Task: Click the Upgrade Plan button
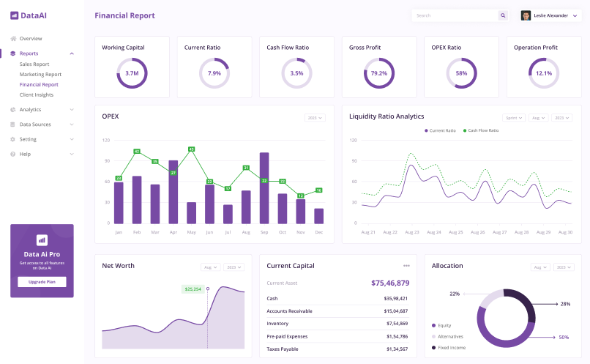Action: [x=42, y=282]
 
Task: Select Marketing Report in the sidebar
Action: [x=40, y=74]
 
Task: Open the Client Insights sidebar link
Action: [x=37, y=94]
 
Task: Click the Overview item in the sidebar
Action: [x=30, y=38]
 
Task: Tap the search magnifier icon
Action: [x=503, y=15]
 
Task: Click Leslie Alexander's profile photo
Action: [x=526, y=15]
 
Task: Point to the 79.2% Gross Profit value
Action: [x=378, y=73]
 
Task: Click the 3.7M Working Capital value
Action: [x=132, y=73]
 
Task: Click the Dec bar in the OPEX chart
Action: [x=318, y=215]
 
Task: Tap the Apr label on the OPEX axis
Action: [x=173, y=232]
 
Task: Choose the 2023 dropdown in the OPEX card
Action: [x=315, y=117]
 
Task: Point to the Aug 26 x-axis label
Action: [x=477, y=232]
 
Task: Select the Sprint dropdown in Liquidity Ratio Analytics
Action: [x=514, y=117]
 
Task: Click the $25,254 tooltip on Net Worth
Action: [x=193, y=289]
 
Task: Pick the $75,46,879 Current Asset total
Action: [x=389, y=283]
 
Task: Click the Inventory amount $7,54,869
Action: [x=397, y=323]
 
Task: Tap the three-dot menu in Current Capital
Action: [x=406, y=265]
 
